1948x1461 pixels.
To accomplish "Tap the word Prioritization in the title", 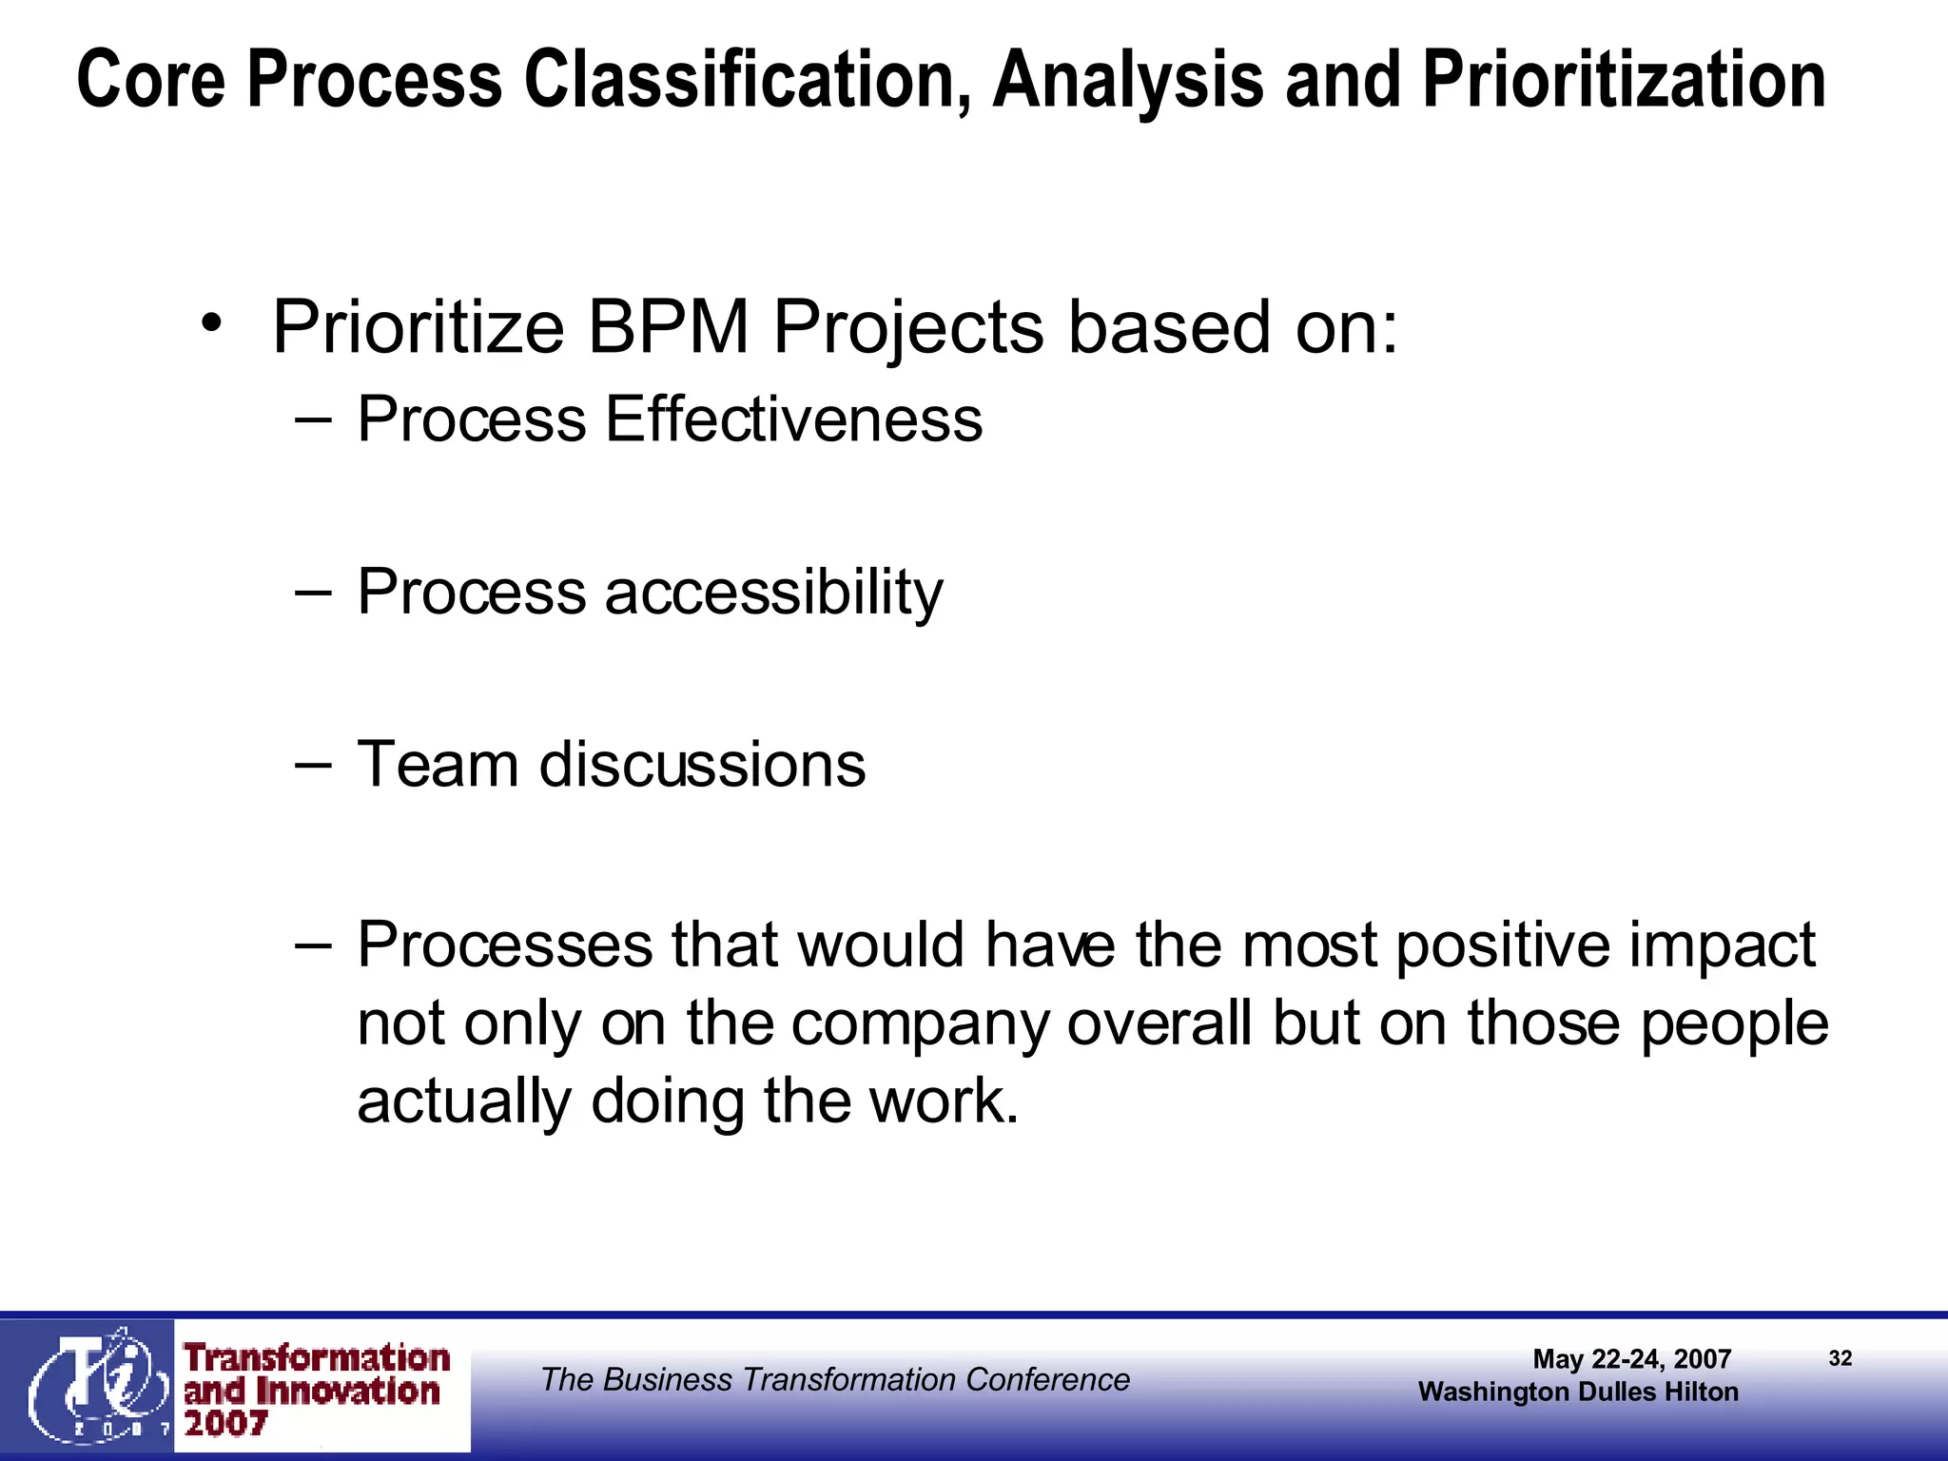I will [1623, 80].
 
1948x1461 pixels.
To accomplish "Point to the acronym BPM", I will [669, 327].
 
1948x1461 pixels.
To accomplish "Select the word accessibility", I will [773, 593].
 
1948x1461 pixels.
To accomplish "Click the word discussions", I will [702, 765].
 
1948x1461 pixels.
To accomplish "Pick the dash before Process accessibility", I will [313, 592].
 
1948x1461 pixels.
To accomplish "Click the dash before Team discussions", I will [313, 764].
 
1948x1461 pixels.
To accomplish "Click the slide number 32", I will [1840, 1358].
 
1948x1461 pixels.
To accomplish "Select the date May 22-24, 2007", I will [1631, 1358].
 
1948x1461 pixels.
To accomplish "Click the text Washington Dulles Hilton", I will [1578, 1392].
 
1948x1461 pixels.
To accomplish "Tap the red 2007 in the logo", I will [225, 1424].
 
